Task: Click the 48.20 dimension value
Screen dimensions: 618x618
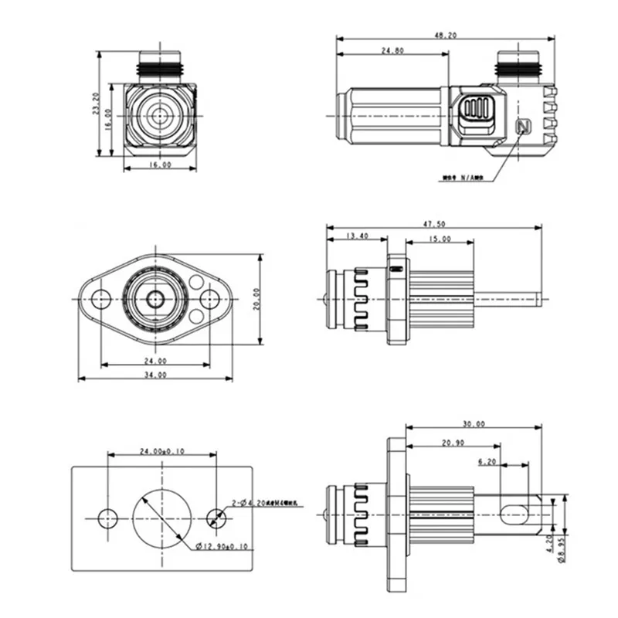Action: pos(447,36)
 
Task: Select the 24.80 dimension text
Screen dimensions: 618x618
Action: pos(392,51)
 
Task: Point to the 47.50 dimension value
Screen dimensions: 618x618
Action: pos(435,224)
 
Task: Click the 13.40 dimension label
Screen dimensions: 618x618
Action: pos(356,236)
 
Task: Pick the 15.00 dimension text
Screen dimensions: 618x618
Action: pos(440,239)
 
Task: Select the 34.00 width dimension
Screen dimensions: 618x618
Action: pos(155,375)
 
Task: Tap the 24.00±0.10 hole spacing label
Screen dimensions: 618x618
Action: pos(161,451)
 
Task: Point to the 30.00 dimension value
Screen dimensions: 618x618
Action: pos(474,423)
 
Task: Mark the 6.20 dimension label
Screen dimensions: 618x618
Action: pos(487,461)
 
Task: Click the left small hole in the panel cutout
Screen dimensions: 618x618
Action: pos(108,518)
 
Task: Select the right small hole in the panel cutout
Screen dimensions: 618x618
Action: pos(218,518)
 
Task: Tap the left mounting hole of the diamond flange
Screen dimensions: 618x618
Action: pos(101,298)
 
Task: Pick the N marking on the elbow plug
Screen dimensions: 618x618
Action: pos(521,127)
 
